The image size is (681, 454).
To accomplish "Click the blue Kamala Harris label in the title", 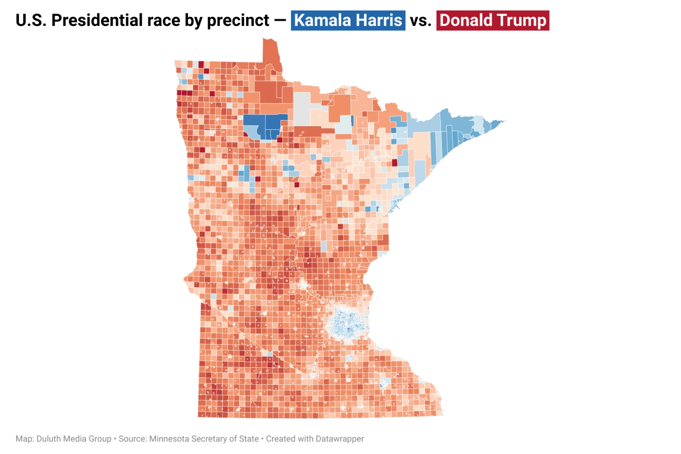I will pyautogui.click(x=348, y=20).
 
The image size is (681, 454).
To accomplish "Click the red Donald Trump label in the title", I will pyautogui.click(x=493, y=20).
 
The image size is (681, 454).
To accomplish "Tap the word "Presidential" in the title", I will pyautogui.click(x=104, y=20).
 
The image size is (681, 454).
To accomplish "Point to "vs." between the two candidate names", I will pyautogui.click(x=421, y=20).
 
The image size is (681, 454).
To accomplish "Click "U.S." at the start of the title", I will pyautogui.click(x=31, y=20).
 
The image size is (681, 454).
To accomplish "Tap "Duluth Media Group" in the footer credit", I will pyautogui.click(x=74, y=439).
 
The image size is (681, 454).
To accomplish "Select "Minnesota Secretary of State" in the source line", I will pyautogui.click(x=204, y=439).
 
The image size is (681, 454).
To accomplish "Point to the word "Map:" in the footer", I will pyautogui.click(x=25, y=439).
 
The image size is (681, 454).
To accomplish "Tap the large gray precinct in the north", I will pyautogui.click(x=302, y=108).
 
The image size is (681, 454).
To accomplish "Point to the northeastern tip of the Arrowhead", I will pyautogui.click(x=503, y=121).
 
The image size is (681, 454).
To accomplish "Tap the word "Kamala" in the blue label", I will pyautogui.click(x=318, y=20).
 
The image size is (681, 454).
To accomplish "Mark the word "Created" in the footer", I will pyautogui.click(x=280, y=439).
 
